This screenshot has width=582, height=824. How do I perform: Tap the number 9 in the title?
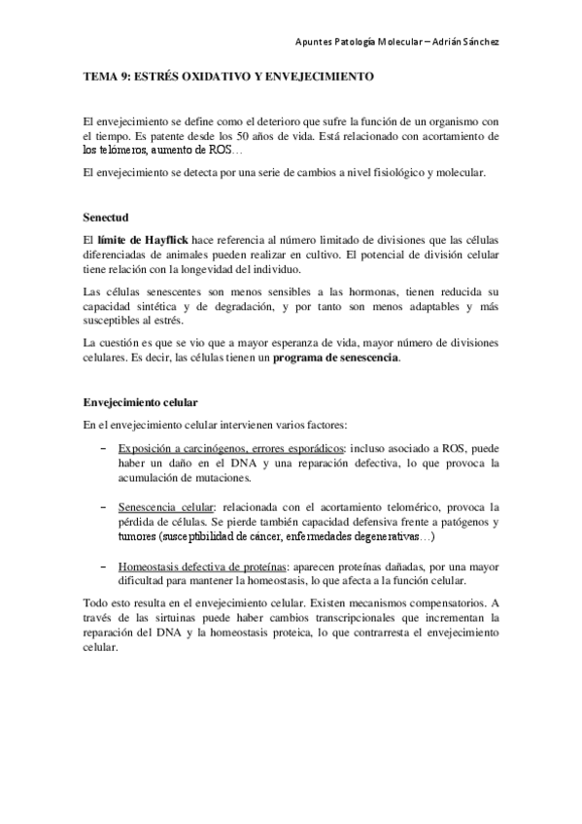(122, 75)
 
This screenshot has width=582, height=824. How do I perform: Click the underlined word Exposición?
(146, 449)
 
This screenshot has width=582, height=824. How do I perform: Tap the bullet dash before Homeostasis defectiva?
(104, 566)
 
